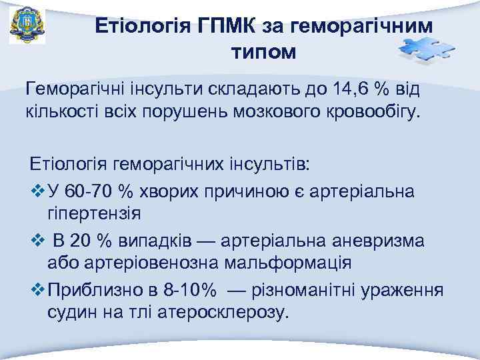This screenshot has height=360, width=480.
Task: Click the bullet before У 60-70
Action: [x=37, y=192]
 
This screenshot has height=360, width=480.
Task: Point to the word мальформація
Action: [x=287, y=261]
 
